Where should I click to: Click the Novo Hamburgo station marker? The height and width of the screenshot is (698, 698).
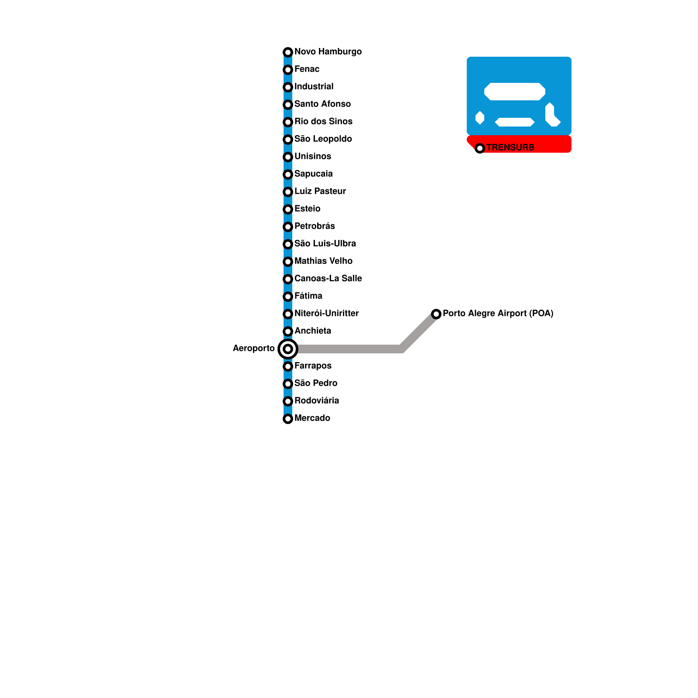(288, 52)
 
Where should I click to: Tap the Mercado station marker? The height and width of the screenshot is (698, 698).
(288, 419)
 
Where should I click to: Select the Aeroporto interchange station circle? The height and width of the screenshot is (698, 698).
(288, 349)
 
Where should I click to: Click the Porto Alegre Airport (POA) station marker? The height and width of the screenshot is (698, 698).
(436, 314)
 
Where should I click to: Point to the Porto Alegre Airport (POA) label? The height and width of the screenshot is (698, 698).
(498, 313)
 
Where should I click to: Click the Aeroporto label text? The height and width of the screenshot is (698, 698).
(253, 348)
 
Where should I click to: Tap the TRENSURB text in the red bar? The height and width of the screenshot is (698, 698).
(510, 147)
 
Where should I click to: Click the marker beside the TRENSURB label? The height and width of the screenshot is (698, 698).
(480, 148)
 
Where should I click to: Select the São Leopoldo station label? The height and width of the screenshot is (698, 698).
(323, 139)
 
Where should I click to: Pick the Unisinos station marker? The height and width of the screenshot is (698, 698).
(288, 157)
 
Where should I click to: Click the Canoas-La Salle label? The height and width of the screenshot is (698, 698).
(328, 278)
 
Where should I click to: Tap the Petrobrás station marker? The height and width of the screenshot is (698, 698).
(288, 227)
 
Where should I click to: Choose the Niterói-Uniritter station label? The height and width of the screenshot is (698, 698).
(326, 313)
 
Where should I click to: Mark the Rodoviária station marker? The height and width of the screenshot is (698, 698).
(288, 401)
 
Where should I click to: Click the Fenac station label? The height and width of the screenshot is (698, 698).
(307, 69)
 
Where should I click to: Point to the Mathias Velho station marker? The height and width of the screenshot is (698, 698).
(288, 262)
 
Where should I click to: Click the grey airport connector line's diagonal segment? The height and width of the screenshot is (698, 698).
(419, 332)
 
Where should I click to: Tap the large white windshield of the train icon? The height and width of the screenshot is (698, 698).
(515, 92)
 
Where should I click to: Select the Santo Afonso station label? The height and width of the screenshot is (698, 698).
(322, 104)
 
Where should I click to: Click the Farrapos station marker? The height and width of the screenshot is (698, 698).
(288, 366)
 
